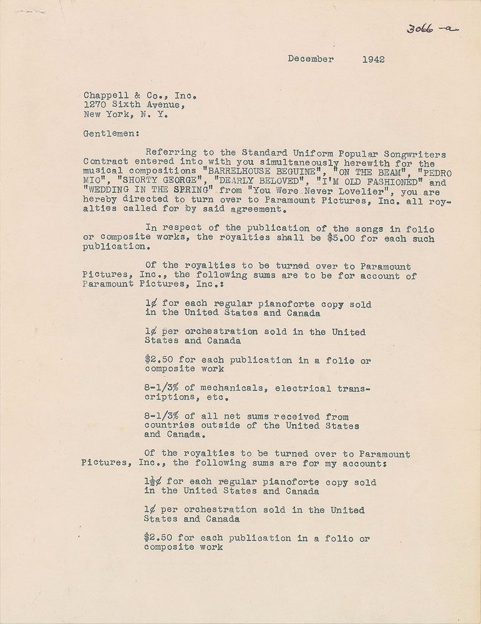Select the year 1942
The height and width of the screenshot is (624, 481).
373,60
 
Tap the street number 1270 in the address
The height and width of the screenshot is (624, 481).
94,105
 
